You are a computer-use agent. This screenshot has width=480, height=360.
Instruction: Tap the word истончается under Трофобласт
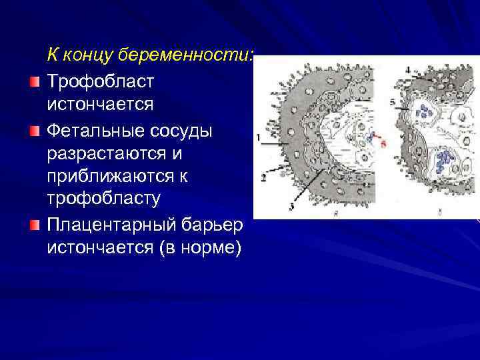[x=100, y=105]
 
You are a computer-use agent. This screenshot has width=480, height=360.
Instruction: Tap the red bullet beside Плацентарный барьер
[x=35, y=225]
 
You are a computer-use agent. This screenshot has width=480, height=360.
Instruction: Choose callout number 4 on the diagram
[x=409, y=69]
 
